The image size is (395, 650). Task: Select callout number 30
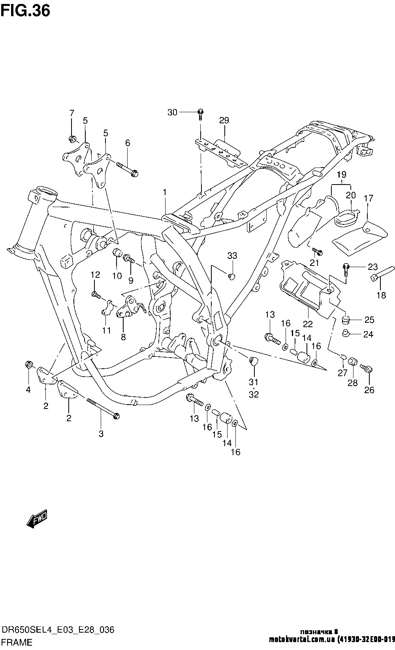click(172, 113)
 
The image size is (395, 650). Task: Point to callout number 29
click(224, 120)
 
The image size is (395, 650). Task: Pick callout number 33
click(232, 256)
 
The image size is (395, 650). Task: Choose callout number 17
click(369, 198)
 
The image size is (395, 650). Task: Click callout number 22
click(308, 324)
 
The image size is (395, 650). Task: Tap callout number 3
click(101, 433)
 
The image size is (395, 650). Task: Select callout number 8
click(123, 337)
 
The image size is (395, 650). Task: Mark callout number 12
click(95, 274)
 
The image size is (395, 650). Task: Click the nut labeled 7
click(72, 139)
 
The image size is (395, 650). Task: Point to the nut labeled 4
click(28, 364)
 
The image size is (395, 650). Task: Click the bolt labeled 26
click(366, 370)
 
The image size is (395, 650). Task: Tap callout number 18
click(381, 295)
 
